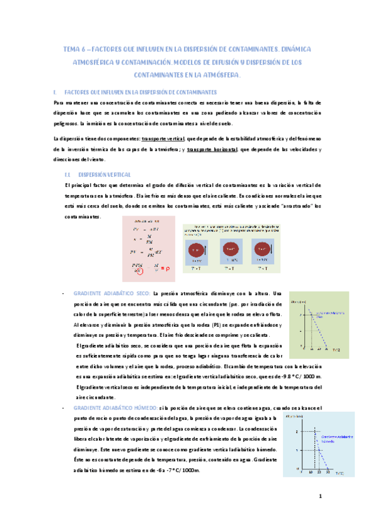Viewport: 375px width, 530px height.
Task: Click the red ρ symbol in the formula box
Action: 166,269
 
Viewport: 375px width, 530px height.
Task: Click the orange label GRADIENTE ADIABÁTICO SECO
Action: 111,294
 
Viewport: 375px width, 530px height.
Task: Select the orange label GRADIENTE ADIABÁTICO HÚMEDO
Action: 116,408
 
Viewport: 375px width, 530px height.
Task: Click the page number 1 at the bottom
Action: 320,497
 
